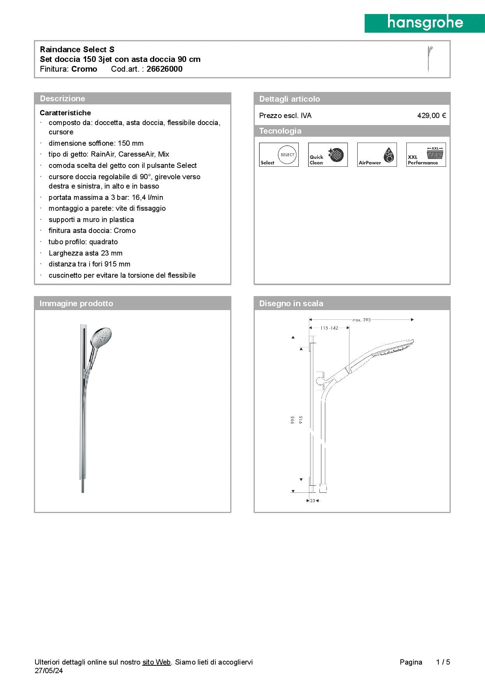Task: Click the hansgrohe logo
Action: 425,23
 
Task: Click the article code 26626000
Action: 164,69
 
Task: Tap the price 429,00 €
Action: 431,116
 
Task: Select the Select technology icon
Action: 279,155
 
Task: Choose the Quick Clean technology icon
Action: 328,155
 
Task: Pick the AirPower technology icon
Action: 377,155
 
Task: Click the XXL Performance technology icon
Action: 426,155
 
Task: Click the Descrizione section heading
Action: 62,99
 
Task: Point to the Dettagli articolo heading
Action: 289,99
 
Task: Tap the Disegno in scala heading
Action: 291,303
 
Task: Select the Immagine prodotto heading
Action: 76,303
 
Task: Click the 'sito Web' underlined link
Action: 157,662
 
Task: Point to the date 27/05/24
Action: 49,670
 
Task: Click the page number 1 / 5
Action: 443,662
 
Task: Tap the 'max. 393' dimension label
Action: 362,320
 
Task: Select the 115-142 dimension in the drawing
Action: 329,328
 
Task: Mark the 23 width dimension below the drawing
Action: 312,501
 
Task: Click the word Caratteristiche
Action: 65,113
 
